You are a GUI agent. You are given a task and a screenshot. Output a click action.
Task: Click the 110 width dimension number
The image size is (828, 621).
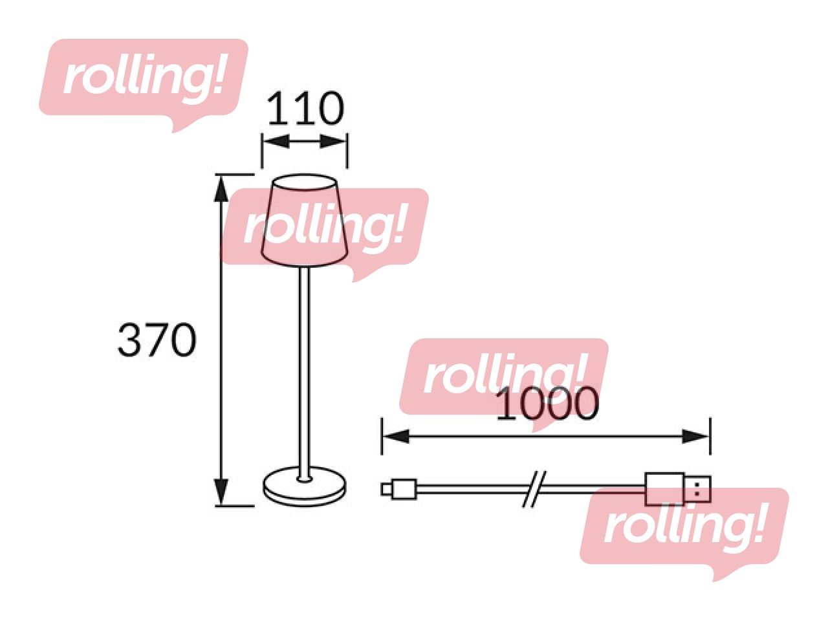click(x=305, y=109)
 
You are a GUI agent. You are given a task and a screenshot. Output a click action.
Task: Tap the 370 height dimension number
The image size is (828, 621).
click(x=157, y=340)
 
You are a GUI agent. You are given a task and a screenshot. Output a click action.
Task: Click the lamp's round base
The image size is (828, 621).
click(x=305, y=486)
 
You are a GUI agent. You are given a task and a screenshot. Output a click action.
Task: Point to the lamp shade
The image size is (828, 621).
click(x=305, y=221)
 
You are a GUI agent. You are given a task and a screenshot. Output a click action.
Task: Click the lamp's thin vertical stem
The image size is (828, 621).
click(x=305, y=374)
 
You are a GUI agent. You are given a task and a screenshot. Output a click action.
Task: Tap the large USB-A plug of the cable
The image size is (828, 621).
click(x=677, y=488)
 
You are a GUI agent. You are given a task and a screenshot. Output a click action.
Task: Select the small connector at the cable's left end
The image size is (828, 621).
click(x=398, y=490)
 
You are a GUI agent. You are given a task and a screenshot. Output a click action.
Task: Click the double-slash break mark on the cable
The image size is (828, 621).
click(x=534, y=489)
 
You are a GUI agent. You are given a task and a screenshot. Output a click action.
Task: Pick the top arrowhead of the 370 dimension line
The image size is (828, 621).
click(x=221, y=188)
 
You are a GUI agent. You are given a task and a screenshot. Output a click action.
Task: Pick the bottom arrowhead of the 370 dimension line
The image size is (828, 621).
click(x=221, y=492)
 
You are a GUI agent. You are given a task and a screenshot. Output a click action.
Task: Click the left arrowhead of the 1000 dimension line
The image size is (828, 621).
click(x=396, y=437)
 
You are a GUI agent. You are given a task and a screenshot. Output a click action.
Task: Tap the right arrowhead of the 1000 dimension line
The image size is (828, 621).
click(x=696, y=437)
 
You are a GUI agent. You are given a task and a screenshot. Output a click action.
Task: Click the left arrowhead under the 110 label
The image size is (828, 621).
click(x=276, y=142)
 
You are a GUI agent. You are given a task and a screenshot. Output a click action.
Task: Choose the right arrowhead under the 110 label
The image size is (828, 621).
click(x=333, y=142)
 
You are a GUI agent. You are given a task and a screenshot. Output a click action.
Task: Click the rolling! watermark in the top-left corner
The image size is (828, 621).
click(x=144, y=85)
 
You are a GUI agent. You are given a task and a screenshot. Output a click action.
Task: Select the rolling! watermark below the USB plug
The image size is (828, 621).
click(x=684, y=534)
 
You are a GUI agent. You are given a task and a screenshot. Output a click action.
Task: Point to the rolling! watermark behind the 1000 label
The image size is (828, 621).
click(x=504, y=385)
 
